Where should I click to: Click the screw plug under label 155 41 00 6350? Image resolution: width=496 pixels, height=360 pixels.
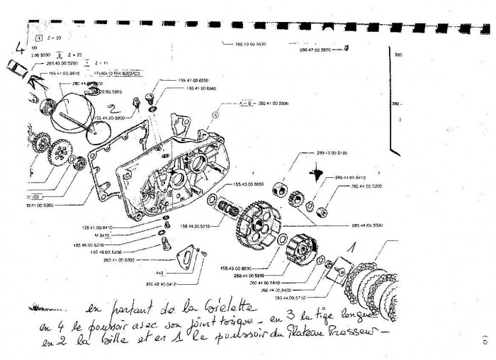150,96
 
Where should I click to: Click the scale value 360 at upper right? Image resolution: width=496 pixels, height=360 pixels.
398,55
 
